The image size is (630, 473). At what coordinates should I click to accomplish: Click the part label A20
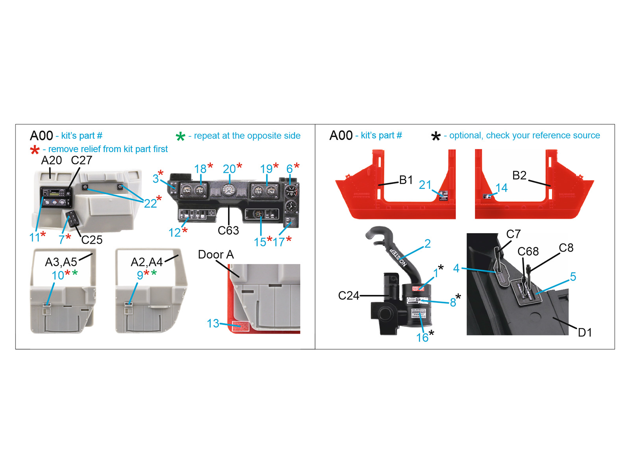pos(51,160)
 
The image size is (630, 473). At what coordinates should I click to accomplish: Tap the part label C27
pos(82,160)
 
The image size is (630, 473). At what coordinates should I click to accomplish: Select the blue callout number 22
pos(150,203)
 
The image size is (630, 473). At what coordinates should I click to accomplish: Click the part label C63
pos(228,231)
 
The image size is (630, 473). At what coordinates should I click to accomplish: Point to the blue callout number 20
pos(229,169)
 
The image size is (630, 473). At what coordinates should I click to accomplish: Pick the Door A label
pos(216,255)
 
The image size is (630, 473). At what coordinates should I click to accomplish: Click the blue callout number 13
pos(213,324)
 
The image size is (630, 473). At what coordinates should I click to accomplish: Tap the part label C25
pos(92,240)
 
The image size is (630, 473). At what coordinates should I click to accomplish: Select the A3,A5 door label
pos(61,262)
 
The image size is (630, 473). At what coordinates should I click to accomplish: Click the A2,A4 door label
pos(146,262)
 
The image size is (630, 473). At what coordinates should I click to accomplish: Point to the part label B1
pos(406,180)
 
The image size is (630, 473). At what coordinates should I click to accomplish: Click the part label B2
pos(519,175)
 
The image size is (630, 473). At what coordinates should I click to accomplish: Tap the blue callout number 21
pos(425,185)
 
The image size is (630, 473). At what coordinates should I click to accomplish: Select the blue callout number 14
pos(501,188)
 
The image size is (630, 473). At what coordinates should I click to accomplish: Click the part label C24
pos(348,296)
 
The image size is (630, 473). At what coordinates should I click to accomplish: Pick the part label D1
pos(585,333)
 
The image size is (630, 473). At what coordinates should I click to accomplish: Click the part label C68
pos(528,251)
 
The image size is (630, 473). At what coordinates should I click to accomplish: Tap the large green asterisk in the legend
pos(180,137)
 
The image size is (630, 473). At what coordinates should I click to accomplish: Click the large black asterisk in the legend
pos(436,137)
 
